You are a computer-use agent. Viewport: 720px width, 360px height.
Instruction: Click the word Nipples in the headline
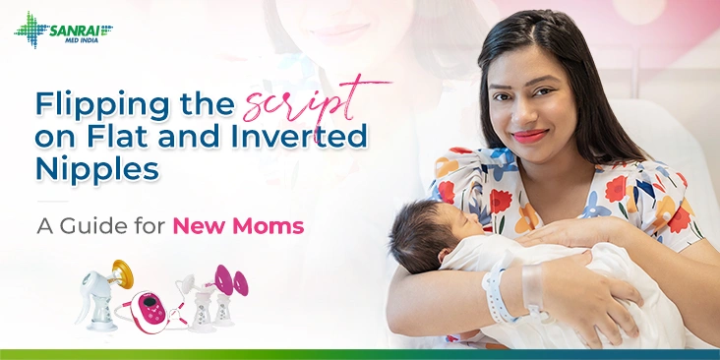97,168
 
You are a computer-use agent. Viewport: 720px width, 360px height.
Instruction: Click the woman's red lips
528,135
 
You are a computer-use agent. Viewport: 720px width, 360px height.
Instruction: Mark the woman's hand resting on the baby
561,233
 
